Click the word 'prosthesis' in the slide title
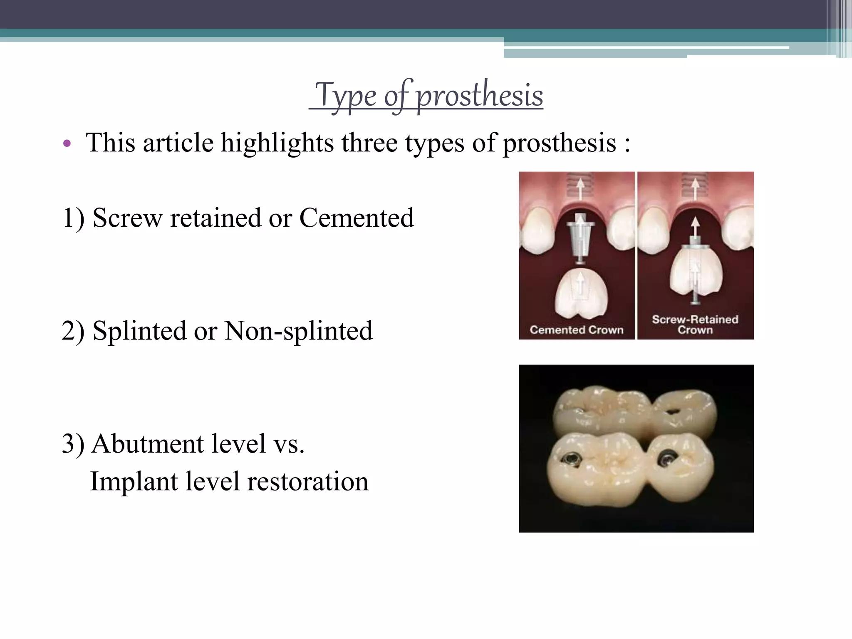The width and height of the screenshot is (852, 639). [x=480, y=96]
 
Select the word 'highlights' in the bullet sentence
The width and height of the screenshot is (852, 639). [x=277, y=143]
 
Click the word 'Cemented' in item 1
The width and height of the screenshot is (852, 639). [x=357, y=218]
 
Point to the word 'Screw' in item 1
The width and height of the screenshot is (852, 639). [x=127, y=218]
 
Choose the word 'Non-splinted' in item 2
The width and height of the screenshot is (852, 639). [x=298, y=331]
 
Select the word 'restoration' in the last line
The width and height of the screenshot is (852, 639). [x=307, y=481]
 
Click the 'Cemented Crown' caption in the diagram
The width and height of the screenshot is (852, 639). [x=577, y=330]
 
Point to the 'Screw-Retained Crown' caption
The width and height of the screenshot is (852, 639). [x=695, y=324]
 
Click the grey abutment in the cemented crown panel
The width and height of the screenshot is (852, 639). [x=579, y=241]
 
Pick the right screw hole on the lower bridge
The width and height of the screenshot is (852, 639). [x=664, y=458]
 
